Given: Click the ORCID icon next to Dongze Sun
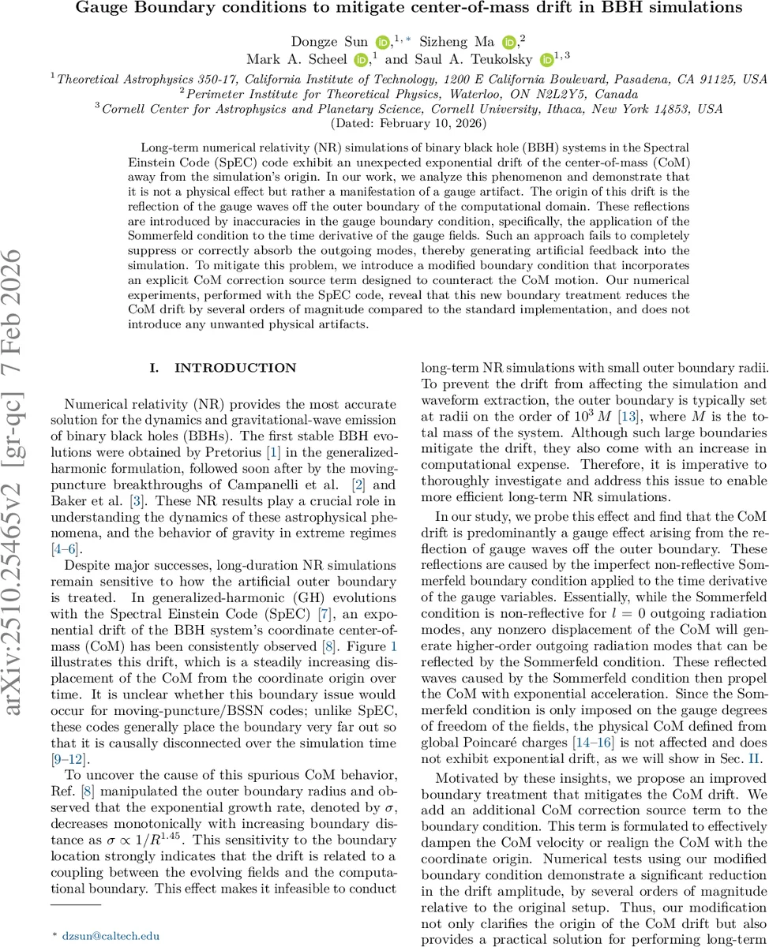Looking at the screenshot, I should pos(383,42).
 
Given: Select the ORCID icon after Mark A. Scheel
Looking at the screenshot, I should pos(362,60).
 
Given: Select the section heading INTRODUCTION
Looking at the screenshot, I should pos(224,368).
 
